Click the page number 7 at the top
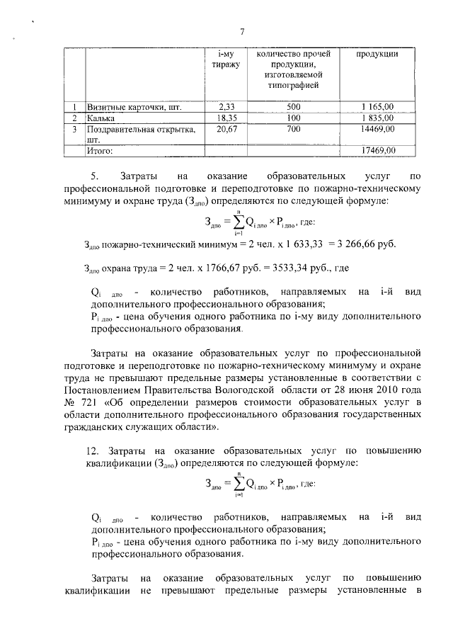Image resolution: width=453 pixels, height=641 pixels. coord(241,32)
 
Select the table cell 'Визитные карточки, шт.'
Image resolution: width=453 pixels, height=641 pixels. coord(133,108)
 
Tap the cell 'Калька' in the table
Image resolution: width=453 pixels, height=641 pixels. coord(101,118)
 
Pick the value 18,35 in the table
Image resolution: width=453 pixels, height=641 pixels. coord(226,118)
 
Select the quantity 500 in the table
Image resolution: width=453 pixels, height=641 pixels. coord(294,108)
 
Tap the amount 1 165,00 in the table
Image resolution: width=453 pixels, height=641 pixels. coord(377,108)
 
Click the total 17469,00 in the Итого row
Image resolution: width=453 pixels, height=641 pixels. coord(377,150)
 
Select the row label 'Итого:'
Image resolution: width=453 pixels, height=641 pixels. coord(99,150)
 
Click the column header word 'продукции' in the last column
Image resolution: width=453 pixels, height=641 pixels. coord(377,55)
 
